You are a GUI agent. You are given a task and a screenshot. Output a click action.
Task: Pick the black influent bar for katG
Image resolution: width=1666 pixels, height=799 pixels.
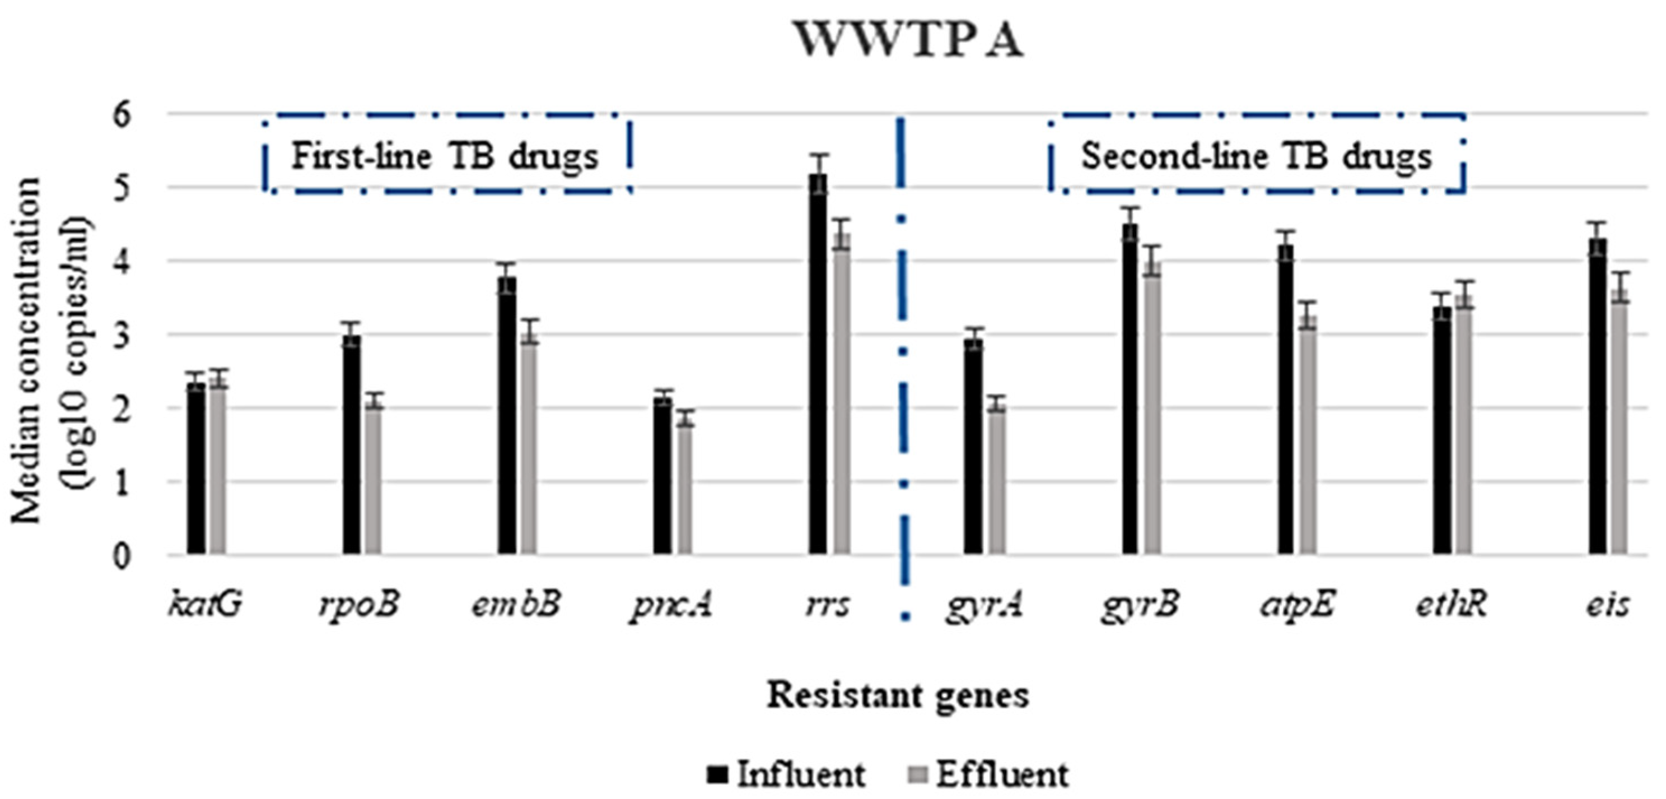point(196,469)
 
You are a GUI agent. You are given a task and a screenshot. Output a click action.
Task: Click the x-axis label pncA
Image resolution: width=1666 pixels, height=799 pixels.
point(671,606)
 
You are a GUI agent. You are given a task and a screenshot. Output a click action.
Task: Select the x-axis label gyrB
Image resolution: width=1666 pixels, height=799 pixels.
point(1140,606)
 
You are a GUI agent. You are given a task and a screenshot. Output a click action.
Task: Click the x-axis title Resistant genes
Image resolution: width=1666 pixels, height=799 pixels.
point(898,696)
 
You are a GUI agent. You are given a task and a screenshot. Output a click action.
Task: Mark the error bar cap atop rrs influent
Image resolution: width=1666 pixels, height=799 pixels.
point(819,155)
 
